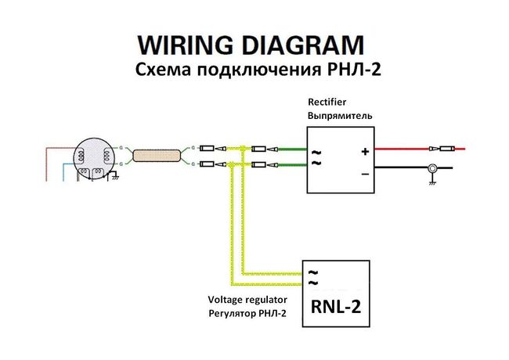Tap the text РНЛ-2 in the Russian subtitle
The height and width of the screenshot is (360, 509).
pyautogui.click(x=353, y=70)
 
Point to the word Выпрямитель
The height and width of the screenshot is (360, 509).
pyautogui.click(x=340, y=116)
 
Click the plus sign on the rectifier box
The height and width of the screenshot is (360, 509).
pyautogui.click(x=365, y=152)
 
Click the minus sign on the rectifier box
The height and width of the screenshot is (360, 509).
pyautogui.click(x=365, y=175)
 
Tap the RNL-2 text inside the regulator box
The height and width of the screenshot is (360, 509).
pyautogui.click(x=336, y=306)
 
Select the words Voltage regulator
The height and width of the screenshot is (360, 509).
pyautogui.click(x=247, y=300)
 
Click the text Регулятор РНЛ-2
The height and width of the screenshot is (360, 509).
pyautogui.click(x=247, y=314)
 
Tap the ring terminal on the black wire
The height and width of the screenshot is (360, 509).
pyautogui.click(x=432, y=168)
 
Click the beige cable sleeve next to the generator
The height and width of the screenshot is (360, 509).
pyautogui.click(x=157, y=156)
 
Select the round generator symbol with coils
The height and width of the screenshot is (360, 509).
pyautogui.click(x=93, y=158)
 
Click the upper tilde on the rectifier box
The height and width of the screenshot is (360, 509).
pyautogui.click(x=316, y=152)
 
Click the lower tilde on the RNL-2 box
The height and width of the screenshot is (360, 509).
pyautogui.click(x=313, y=283)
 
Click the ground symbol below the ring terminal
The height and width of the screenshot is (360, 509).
pyautogui.click(x=432, y=183)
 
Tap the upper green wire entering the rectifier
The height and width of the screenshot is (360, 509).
pyautogui.click(x=292, y=149)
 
